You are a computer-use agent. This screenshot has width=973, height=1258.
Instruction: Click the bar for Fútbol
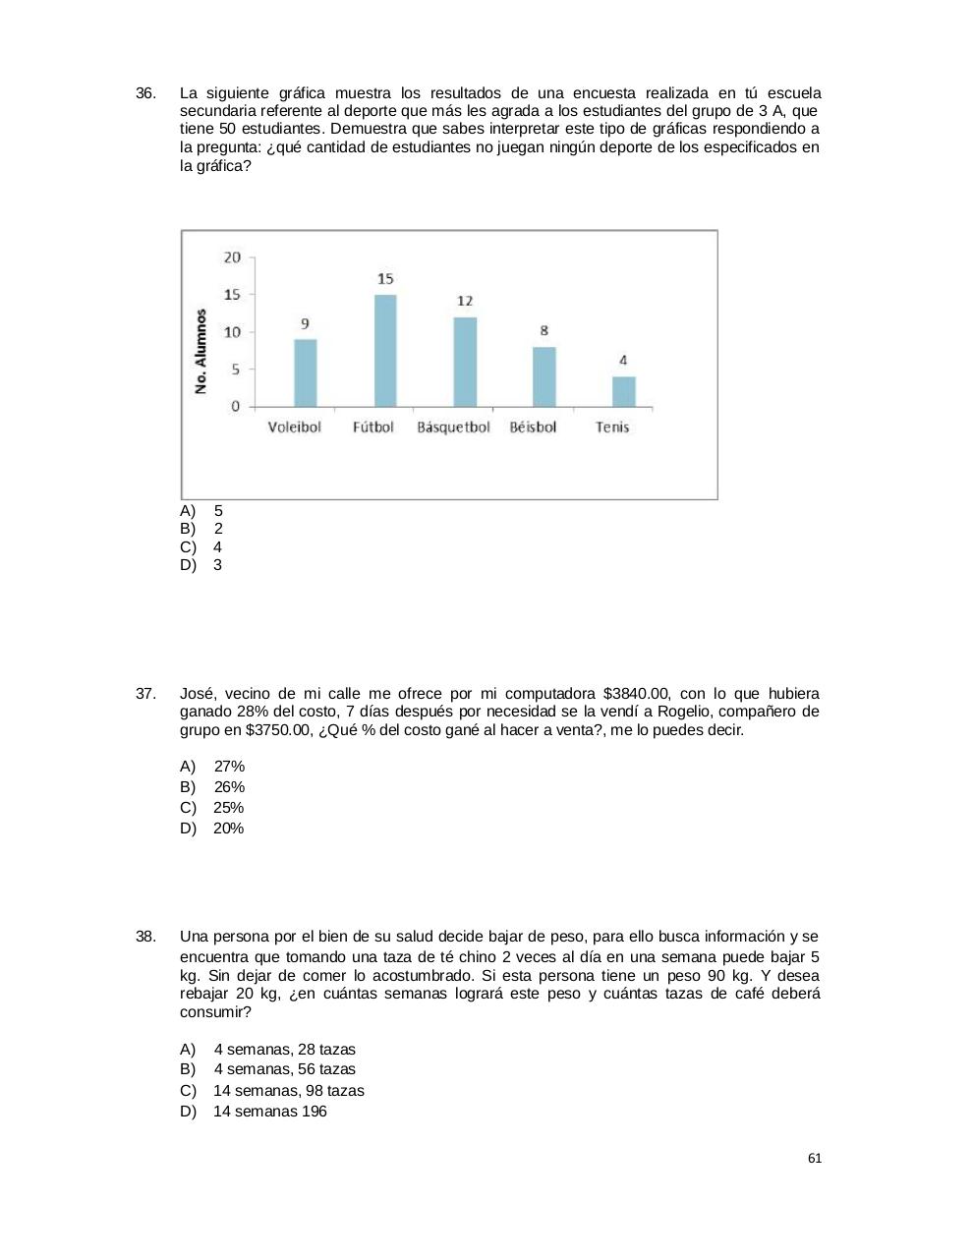385,351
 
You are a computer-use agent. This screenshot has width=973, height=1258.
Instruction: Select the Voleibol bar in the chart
306,372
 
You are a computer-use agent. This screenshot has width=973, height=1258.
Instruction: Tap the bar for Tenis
624,391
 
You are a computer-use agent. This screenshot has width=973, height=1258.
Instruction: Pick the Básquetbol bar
465,362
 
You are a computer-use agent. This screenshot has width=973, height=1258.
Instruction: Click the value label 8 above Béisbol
544,331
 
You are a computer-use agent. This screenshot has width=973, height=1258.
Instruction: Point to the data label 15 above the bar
385,279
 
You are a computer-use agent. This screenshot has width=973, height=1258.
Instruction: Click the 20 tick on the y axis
232,257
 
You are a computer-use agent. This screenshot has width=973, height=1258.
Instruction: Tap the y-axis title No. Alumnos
201,351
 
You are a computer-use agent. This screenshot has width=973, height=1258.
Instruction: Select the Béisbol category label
533,428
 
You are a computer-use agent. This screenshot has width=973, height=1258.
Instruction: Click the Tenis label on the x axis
612,428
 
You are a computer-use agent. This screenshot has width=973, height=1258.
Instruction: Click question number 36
145,93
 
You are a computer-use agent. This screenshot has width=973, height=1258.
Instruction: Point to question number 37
145,694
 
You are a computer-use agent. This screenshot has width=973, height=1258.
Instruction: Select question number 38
145,937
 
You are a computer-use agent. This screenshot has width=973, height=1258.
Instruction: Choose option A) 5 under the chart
202,511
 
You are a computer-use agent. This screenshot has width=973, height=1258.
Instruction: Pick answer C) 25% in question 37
213,808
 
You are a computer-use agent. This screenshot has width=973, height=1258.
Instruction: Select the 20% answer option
213,829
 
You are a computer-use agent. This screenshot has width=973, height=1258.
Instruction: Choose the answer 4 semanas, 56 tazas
269,1069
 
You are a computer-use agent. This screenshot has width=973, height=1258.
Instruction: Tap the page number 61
815,1159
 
